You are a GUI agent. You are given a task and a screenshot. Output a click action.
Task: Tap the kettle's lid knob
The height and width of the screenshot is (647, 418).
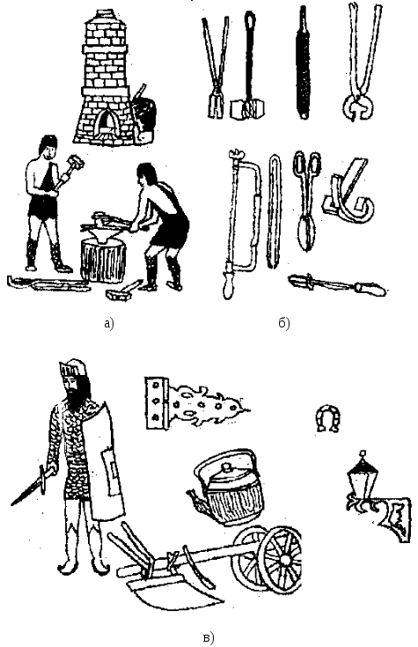click(x=225, y=467)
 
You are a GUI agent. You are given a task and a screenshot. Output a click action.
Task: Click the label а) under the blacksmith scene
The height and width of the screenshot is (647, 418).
click(x=108, y=323)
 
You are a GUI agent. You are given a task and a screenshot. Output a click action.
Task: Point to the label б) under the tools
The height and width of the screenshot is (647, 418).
click(x=284, y=323)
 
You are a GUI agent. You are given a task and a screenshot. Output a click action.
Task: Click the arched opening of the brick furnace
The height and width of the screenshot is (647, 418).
click(x=106, y=121)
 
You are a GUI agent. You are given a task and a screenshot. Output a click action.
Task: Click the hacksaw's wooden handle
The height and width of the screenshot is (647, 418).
click(x=228, y=284)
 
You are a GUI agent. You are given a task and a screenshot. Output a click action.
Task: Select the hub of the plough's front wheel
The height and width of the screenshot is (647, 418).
click(x=285, y=559)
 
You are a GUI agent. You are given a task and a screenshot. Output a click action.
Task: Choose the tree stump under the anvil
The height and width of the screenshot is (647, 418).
click(x=103, y=260)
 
